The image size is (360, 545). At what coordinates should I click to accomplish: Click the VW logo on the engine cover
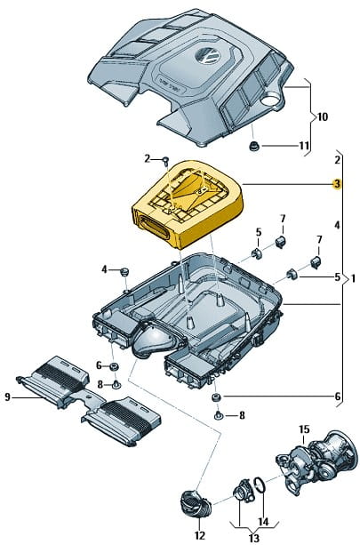coord(207,57)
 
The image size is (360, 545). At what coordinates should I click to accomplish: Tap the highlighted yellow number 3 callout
coord(337,183)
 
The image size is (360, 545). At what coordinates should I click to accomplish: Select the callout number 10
coord(322,116)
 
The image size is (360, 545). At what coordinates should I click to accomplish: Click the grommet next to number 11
coord(254,147)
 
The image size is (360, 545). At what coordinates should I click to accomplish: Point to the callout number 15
coord(304,429)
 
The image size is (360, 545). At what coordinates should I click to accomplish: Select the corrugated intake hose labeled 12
coord(196,503)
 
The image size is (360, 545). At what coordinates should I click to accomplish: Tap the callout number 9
coord(7,397)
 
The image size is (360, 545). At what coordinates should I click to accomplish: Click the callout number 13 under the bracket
coord(254,538)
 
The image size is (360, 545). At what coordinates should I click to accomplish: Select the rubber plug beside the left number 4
coord(124,271)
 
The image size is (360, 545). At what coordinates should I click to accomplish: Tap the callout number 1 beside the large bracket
coord(353,278)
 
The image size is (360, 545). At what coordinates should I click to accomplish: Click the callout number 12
coord(200,535)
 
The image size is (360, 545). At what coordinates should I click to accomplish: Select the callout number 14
coord(263,521)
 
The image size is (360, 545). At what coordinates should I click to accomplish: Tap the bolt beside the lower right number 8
coord(218,415)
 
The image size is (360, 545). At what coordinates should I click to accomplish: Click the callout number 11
coord(304,146)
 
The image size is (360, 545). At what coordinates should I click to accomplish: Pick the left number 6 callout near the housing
coord(99,365)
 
